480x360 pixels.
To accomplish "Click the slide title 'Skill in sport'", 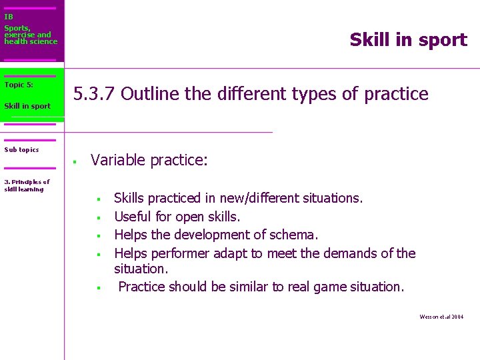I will pos(408,40).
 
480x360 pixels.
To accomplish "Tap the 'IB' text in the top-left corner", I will pos(9,17).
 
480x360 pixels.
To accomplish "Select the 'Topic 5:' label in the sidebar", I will pos(19,85).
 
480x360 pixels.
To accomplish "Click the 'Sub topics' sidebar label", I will pos(21,150).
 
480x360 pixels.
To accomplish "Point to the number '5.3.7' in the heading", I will pos(94,94).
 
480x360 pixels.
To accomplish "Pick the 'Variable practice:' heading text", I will pos(149,160).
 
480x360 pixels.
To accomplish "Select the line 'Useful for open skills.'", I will pos(177,217).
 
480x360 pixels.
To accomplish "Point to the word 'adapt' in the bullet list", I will pos(231,253).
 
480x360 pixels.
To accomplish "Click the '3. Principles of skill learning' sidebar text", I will pos(27,185).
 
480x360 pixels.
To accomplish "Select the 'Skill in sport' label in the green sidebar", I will pos(27,106).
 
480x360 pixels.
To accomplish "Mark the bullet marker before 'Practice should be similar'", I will pos(97,288).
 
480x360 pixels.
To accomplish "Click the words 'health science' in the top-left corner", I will pos(31,41).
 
